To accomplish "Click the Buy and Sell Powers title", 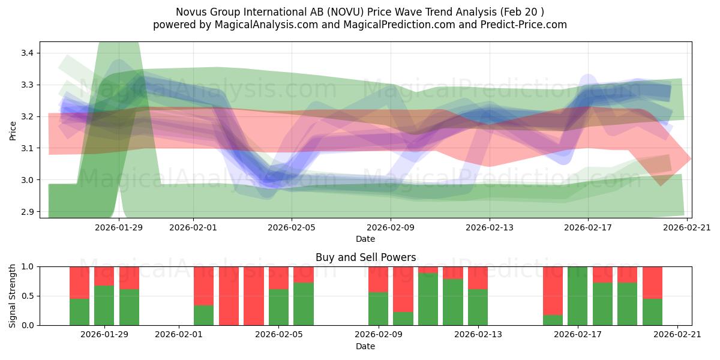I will tap(365, 257).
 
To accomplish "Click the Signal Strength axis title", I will tap(13, 296).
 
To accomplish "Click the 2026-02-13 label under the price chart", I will tap(489, 227).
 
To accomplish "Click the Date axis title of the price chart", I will tap(365, 239).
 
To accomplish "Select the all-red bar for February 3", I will tap(229, 296).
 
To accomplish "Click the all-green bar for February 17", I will tap(577, 296).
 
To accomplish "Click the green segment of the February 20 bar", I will tap(652, 312).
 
